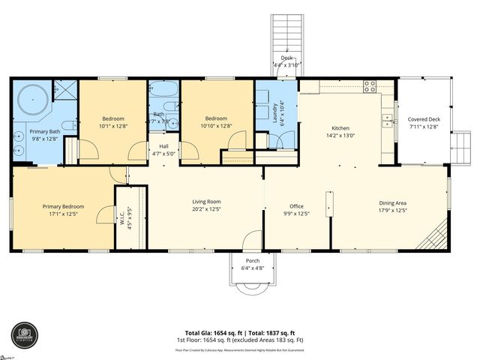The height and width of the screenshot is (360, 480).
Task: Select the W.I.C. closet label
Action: (122, 217)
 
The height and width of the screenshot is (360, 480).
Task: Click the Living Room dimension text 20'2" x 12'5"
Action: (207, 209)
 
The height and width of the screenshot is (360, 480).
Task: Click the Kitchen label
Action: (341, 128)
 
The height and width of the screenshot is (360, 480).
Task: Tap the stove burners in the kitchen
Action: (370, 85)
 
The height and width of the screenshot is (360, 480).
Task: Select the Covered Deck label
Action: (424, 119)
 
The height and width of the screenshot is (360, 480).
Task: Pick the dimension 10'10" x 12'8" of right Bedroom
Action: (216, 126)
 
